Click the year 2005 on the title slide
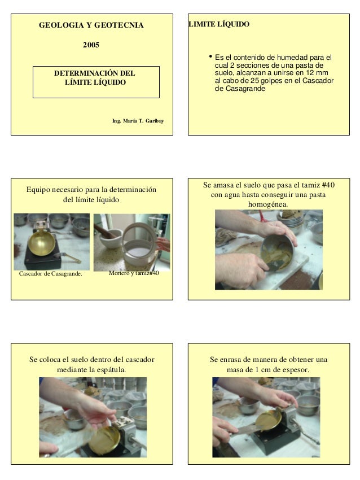click(91, 45)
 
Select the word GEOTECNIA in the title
click(119, 25)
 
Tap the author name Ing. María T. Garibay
click(138, 121)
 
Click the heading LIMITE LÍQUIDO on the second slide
click(219, 24)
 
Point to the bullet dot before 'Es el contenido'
click(210, 56)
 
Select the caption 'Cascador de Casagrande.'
click(50, 274)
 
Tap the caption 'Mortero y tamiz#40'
click(134, 273)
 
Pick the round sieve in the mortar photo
click(139, 243)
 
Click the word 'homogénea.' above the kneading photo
click(268, 204)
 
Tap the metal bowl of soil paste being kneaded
click(278, 253)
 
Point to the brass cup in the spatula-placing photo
click(104, 439)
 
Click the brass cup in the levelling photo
click(268, 420)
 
